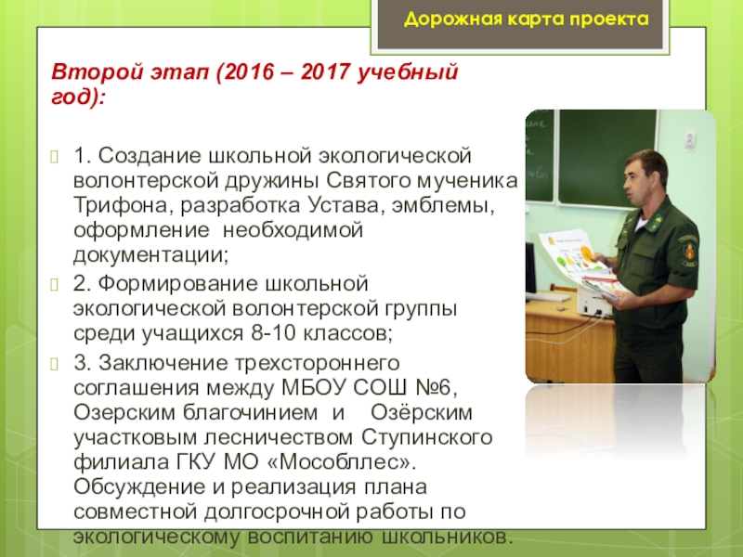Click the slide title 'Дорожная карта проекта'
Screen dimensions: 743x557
tap(526, 19)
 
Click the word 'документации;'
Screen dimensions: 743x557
tap(150, 254)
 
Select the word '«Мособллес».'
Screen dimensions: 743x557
tap(342, 461)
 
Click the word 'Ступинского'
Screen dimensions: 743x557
tap(427, 437)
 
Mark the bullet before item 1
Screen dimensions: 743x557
tap(55, 157)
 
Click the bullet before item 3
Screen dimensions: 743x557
tap(55, 364)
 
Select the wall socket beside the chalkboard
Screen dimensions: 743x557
tap(690, 139)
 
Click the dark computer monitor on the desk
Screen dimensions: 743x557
tap(530, 266)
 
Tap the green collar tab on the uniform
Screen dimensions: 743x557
tap(655, 221)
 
